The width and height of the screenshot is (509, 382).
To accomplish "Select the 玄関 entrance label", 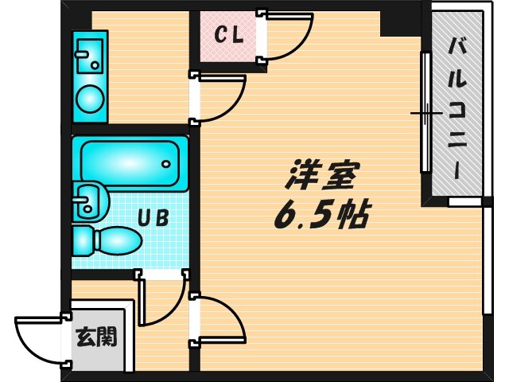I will click(96, 337).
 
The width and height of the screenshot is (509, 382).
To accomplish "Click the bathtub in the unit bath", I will click(130, 162).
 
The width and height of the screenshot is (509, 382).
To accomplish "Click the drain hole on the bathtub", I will click(166, 164).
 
